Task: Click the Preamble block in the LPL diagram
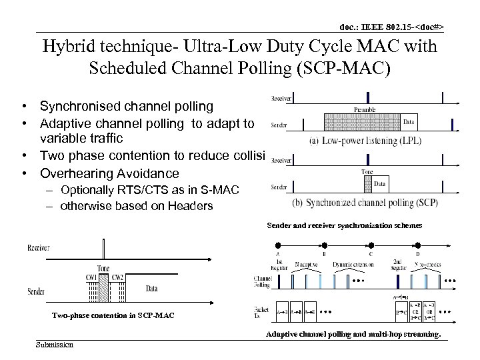click(x=359, y=121)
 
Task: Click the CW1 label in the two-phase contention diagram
click(x=89, y=277)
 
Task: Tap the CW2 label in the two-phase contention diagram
click(x=117, y=277)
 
